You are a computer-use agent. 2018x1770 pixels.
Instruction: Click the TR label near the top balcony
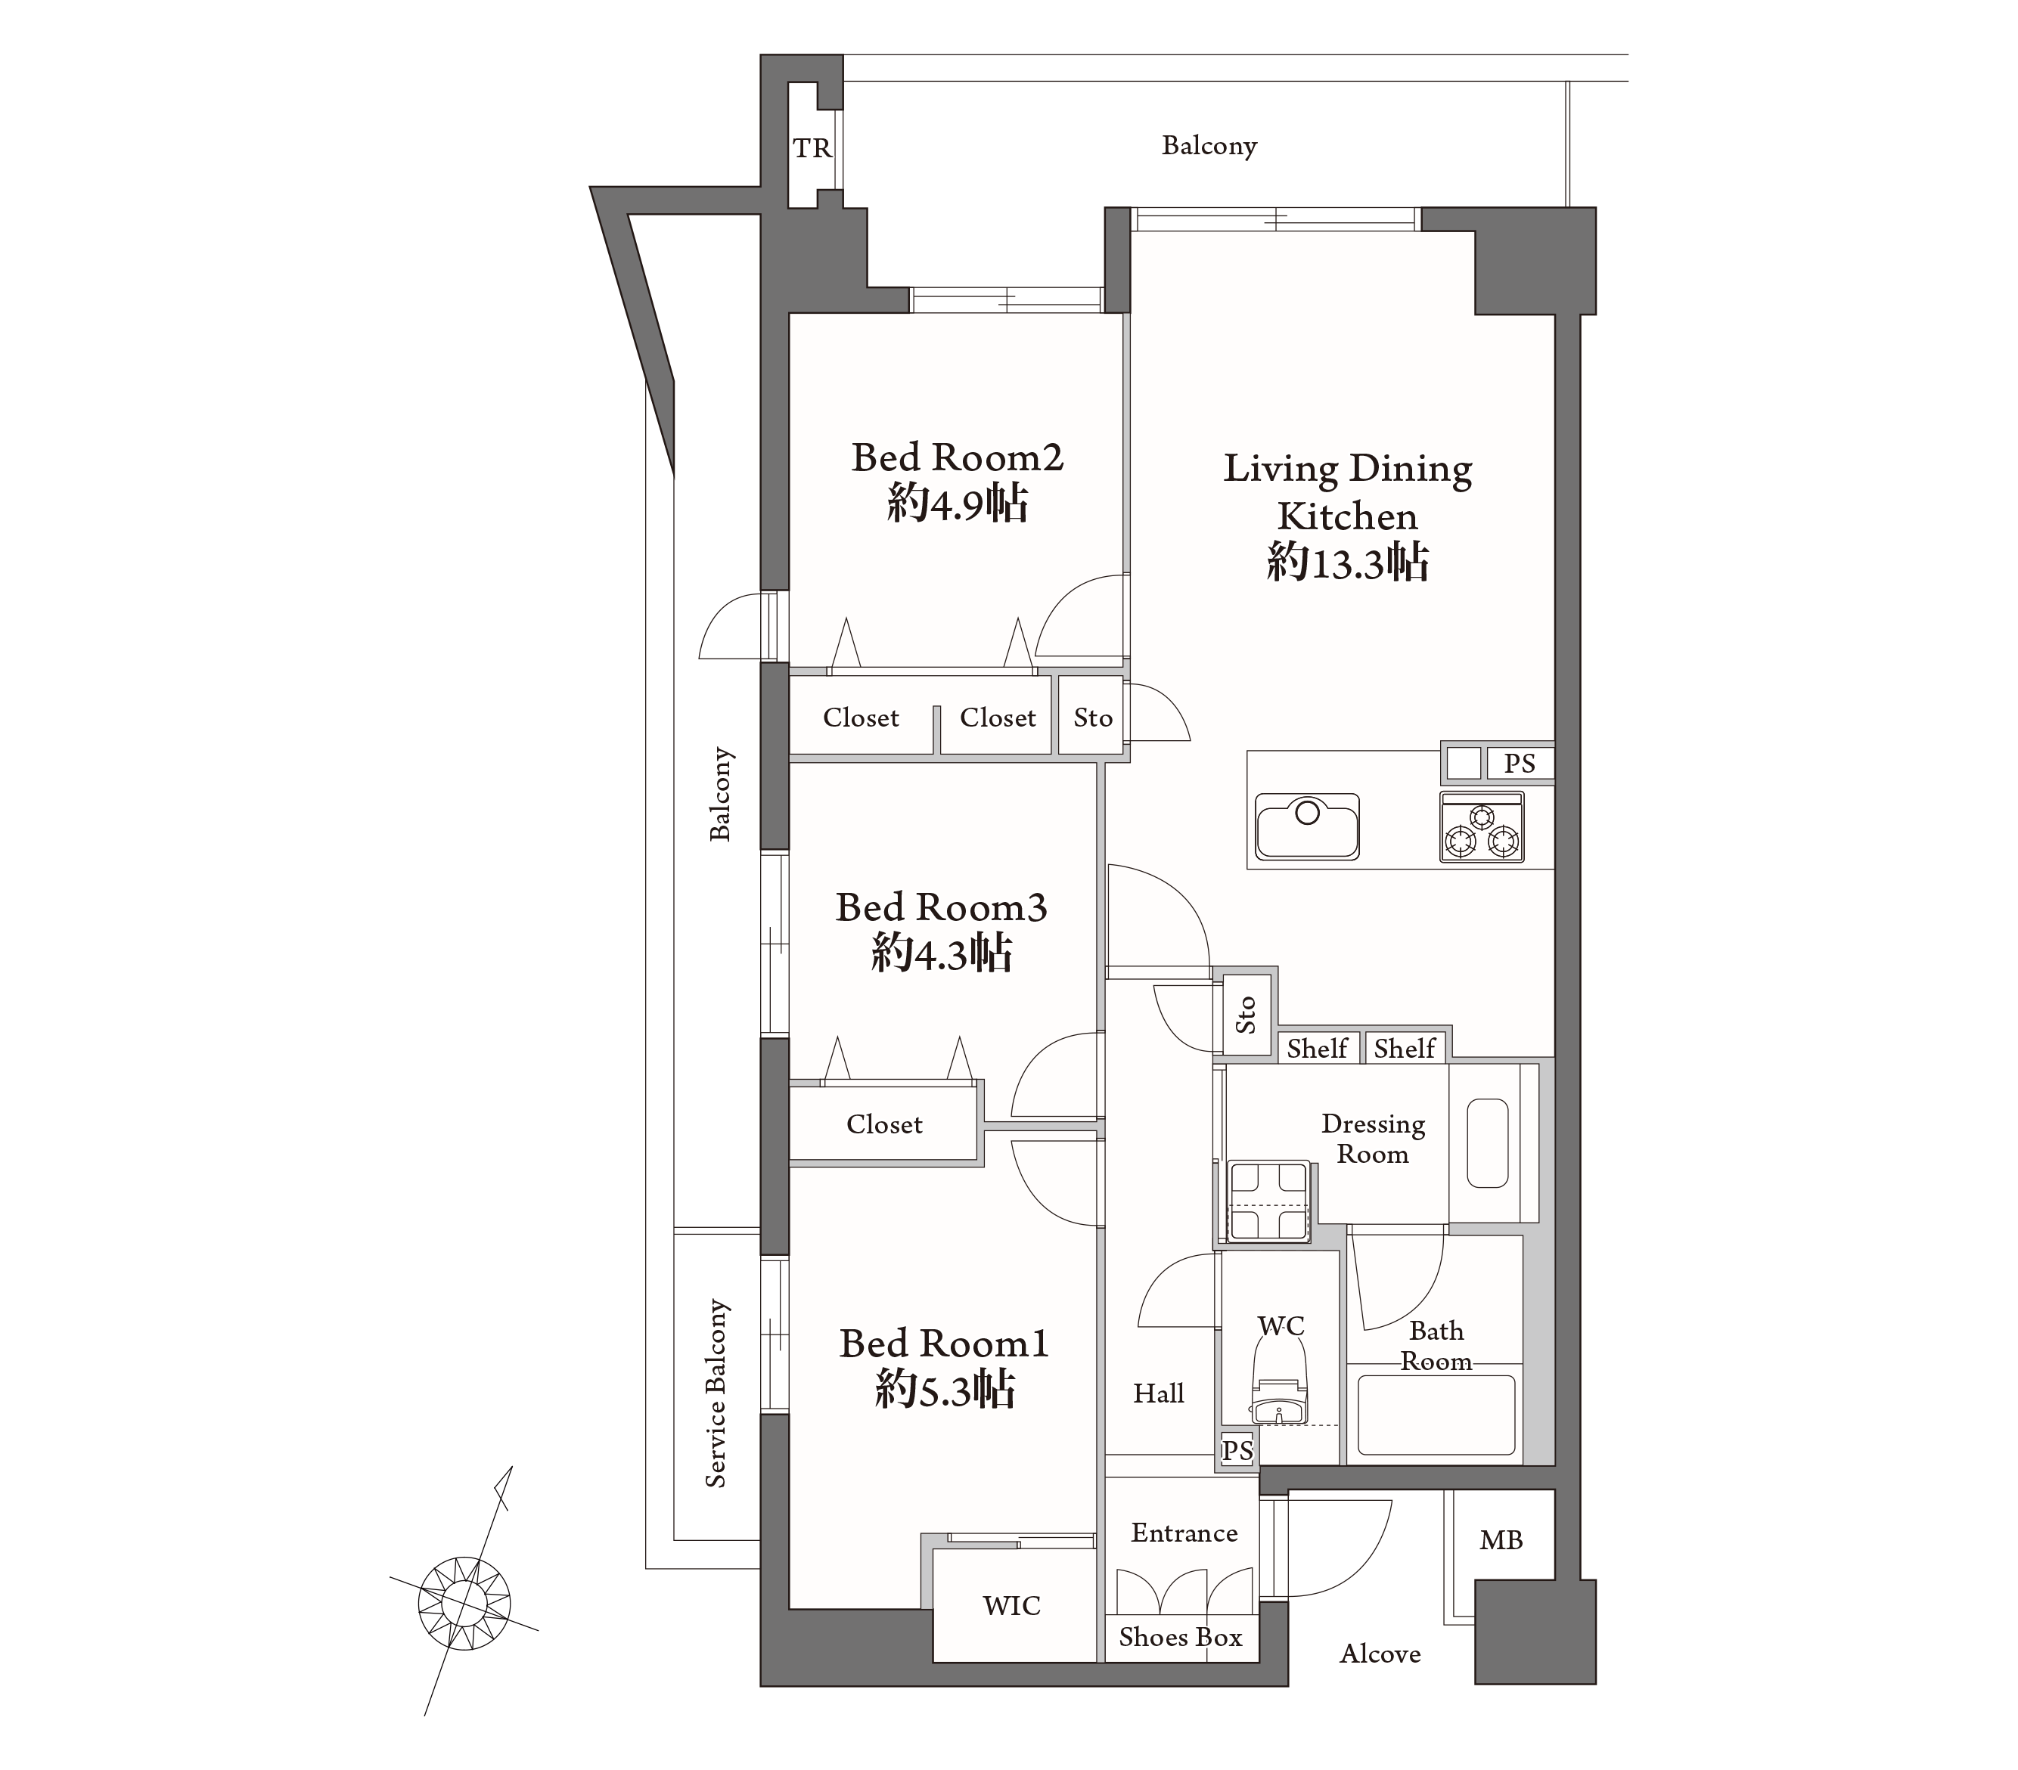(x=812, y=148)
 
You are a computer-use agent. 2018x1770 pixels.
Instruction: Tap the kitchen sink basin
(x=1306, y=826)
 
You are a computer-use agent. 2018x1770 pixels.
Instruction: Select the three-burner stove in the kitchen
(x=1481, y=827)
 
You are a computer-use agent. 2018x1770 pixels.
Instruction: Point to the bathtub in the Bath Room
(x=1436, y=1415)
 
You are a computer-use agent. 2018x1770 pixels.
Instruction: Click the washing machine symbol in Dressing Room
(x=1268, y=1201)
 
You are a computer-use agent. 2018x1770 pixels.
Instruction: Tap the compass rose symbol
(x=464, y=1601)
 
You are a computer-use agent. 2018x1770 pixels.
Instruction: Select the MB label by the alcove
(x=1501, y=1540)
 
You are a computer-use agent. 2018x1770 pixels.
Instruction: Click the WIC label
(x=1012, y=1606)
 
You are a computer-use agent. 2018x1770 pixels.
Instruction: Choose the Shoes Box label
(x=1181, y=1638)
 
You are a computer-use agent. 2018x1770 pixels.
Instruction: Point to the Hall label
(x=1158, y=1394)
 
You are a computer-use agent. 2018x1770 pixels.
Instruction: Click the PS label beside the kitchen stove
(x=1520, y=763)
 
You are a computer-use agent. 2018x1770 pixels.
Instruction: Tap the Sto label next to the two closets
(x=1093, y=718)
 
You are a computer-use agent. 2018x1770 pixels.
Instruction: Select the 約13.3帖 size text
(x=1348, y=563)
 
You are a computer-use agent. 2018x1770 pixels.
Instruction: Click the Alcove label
(x=1380, y=1654)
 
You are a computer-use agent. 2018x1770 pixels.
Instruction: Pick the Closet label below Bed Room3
(x=885, y=1124)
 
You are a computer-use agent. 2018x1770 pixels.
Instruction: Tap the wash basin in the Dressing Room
(x=1487, y=1142)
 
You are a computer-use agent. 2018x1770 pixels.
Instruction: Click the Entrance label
(x=1184, y=1533)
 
